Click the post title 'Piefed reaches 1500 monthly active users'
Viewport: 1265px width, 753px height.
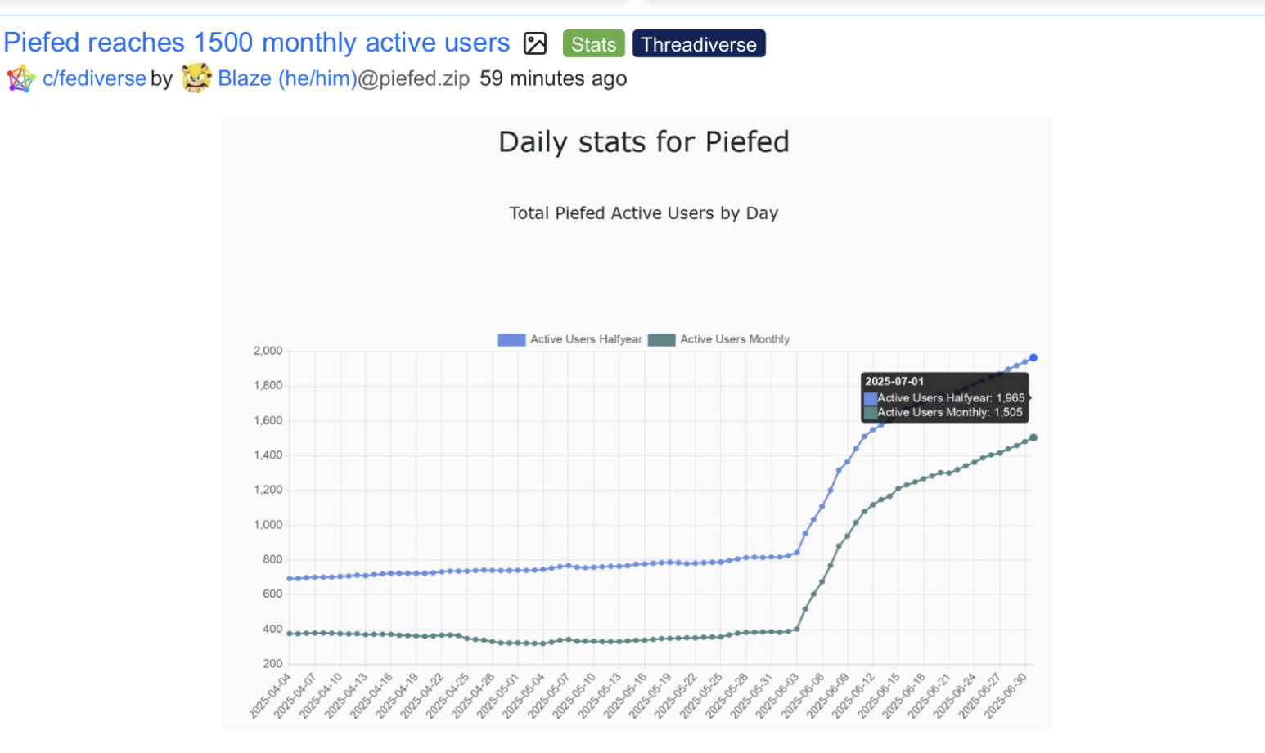click(257, 43)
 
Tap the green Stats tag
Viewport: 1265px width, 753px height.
click(593, 44)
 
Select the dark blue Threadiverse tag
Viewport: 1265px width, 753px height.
click(699, 44)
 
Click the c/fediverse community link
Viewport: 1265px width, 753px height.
click(94, 78)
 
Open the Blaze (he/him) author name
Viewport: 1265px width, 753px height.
click(287, 78)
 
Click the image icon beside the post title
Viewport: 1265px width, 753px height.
click(535, 43)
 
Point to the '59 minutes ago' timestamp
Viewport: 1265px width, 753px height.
click(553, 78)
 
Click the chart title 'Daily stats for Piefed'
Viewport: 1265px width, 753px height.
click(644, 142)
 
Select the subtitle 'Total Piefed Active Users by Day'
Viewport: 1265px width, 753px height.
click(644, 213)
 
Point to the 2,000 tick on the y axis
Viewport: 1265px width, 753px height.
click(268, 351)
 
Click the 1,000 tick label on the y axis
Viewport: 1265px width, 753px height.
click(268, 525)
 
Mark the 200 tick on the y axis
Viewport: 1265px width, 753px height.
click(272, 664)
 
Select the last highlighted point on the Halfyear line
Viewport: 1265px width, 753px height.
click(1033, 357)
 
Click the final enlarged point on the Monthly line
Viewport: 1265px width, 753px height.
click(1033, 437)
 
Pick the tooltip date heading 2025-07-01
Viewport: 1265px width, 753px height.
click(894, 381)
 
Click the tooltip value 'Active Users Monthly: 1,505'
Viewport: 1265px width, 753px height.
click(949, 413)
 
